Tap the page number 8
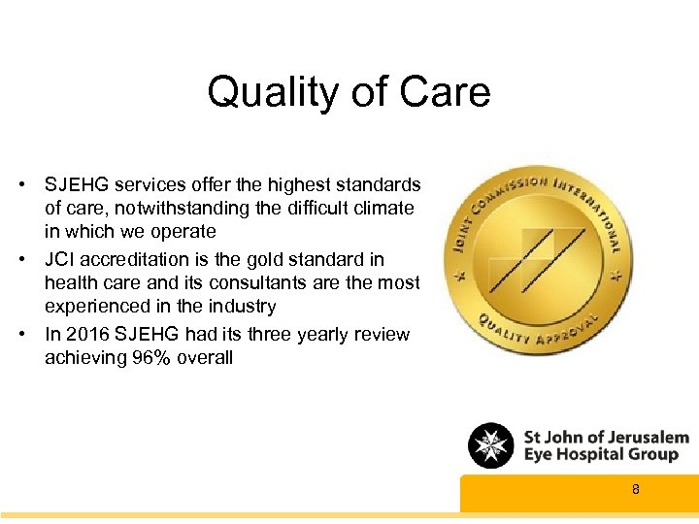(x=636, y=490)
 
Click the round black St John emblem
(x=491, y=445)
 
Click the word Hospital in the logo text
(x=601, y=454)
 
